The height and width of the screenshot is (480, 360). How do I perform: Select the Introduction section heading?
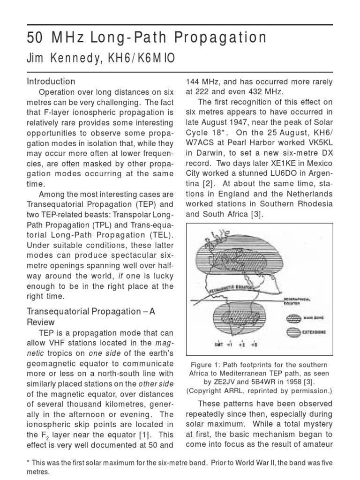tap(51, 81)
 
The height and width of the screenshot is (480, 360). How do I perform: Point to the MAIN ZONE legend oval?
tap(294, 317)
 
